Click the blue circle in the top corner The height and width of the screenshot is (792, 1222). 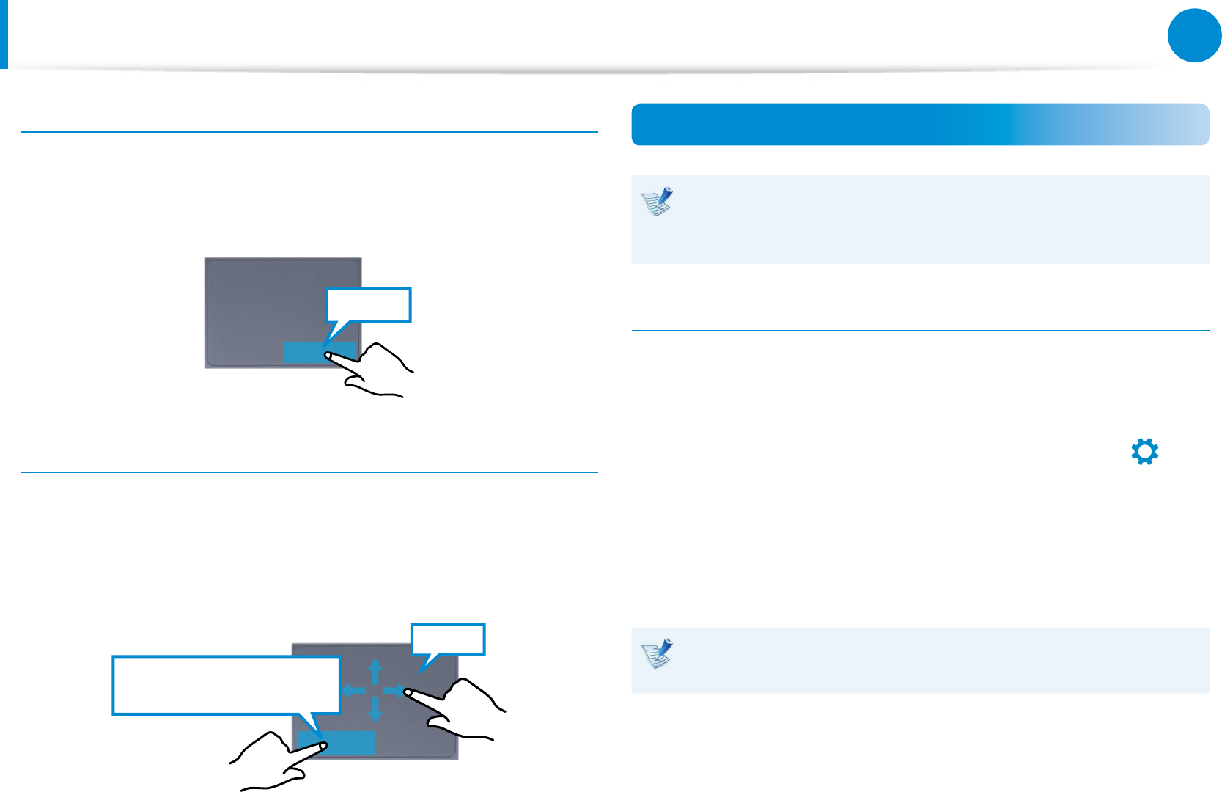pos(1194,34)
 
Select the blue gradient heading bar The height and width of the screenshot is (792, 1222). pos(919,125)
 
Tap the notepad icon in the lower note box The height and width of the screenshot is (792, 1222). pos(658,653)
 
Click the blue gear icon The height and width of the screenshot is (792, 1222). pos(1144,452)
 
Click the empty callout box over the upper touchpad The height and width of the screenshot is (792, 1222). pos(368,305)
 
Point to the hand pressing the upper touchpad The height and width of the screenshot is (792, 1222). pos(378,370)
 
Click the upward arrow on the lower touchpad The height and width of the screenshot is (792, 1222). pos(375,670)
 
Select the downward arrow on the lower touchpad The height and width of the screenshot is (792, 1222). pos(375,710)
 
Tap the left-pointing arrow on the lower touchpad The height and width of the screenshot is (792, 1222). pos(354,690)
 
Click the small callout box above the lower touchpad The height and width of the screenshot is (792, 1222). pos(448,638)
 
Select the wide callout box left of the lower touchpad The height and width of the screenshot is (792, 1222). pos(226,685)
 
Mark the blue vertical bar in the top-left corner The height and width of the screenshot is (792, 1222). pos(4,34)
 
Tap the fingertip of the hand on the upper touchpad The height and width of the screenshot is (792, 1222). pos(328,356)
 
